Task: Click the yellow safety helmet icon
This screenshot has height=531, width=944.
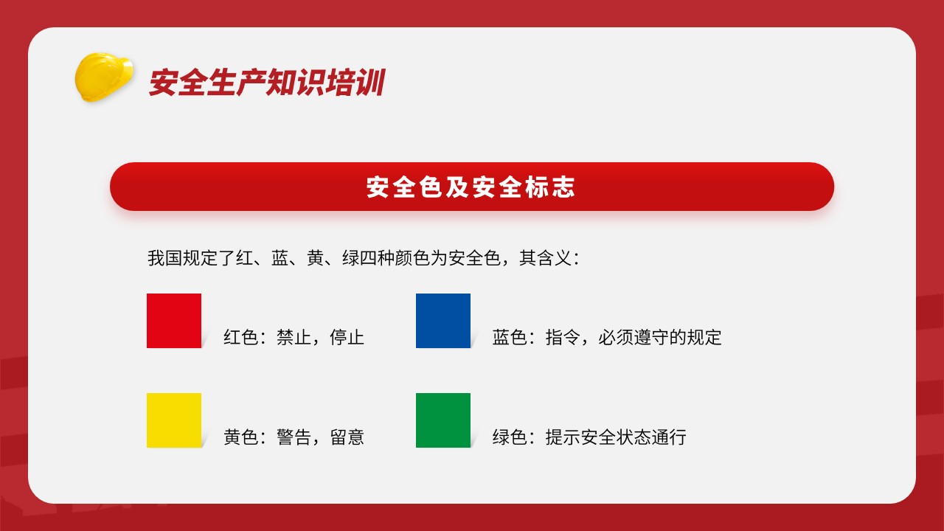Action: coord(104,77)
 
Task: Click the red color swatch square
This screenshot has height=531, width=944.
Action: coord(174,321)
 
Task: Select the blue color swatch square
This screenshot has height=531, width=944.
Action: coord(443,321)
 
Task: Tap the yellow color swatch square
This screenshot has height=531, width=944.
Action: coord(174,420)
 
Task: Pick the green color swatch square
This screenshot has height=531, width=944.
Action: coord(443,420)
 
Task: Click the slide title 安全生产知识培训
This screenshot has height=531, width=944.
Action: coord(267,82)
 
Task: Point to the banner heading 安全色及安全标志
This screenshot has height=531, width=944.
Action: coord(471,187)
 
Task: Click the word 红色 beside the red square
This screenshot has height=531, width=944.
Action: coord(240,337)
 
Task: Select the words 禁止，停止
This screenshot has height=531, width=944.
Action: coord(320,337)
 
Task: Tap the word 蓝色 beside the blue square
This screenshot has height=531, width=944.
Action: coord(510,337)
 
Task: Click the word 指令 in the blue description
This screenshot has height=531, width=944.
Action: coord(563,337)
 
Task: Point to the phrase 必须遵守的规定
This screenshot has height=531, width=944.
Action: coord(660,337)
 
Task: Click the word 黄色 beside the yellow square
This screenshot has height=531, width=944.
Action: coord(240,437)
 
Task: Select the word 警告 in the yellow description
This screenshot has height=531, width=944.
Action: coord(294,437)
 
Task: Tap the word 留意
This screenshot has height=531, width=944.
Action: coord(347,437)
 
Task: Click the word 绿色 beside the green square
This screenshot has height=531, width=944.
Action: coord(510,437)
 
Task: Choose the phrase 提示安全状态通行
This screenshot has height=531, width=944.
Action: coord(616,437)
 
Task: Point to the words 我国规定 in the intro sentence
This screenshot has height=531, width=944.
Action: coord(182,258)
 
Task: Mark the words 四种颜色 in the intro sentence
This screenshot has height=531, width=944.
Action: coord(395,258)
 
